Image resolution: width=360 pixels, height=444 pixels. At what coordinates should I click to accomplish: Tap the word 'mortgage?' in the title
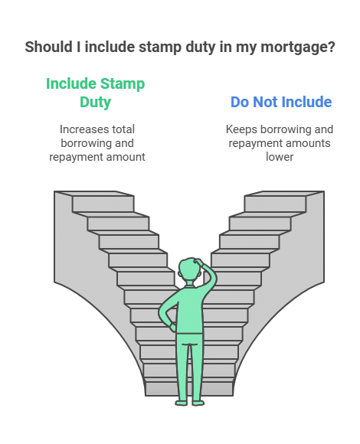click(x=298, y=47)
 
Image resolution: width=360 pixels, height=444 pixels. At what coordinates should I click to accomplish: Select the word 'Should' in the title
click(x=48, y=47)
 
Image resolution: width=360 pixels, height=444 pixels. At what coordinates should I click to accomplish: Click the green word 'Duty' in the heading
click(x=95, y=103)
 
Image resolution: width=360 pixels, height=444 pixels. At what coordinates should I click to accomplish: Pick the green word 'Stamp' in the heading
click(x=123, y=84)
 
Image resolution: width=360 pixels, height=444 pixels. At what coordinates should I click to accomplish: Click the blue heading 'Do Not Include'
click(x=281, y=102)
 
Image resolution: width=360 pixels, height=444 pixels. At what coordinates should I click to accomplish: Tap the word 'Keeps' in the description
click(x=241, y=130)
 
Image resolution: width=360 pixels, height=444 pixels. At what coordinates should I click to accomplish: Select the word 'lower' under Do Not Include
click(x=280, y=157)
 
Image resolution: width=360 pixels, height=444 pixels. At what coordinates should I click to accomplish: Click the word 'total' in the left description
click(x=123, y=129)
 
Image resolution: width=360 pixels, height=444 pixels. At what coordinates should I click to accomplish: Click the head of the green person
click(x=189, y=270)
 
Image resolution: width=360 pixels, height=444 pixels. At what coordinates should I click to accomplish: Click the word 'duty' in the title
click(x=201, y=47)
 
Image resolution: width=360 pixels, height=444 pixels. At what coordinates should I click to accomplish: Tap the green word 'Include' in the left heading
click(x=71, y=83)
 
